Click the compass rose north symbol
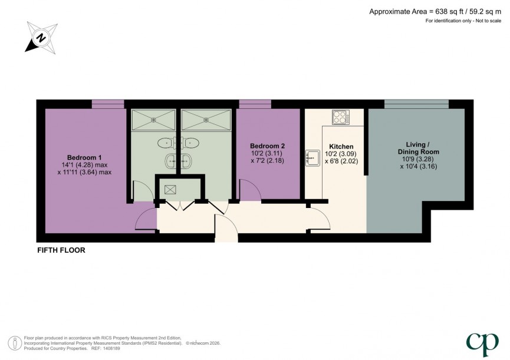point(41,37)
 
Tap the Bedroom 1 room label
point(84,157)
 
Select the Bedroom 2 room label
point(268,146)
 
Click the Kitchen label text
point(341,146)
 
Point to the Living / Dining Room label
point(422,148)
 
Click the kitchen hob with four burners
point(341,117)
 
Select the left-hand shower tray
point(153,120)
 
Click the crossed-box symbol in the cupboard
point(170,189)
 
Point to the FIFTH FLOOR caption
point(61,250)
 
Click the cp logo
point(482,343)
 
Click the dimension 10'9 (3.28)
point(422,159)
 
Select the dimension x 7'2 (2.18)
point(268,161)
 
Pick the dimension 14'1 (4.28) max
point(84,165)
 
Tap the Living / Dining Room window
point(416,104)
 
